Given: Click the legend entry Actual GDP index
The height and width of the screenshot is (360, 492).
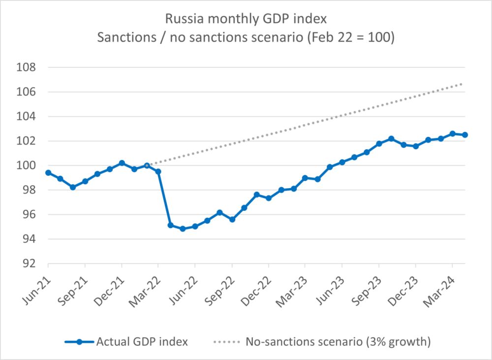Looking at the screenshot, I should (x=142, y=341).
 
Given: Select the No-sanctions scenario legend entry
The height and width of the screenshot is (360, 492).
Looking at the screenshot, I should (x=338, y=341).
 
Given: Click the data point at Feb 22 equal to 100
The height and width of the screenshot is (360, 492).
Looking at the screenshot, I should (x=146, y=165).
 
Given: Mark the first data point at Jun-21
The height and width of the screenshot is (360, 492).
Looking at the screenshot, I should (x=48, y=172).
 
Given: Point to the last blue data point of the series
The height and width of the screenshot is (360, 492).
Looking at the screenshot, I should (x=465, y=134).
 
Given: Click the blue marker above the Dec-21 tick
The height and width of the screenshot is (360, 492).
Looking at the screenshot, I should (x=122, y=163).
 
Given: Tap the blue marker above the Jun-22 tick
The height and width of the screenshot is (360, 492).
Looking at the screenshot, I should (x=195, y=227).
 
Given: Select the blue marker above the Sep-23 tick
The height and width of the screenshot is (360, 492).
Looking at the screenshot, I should (x=379, y=144).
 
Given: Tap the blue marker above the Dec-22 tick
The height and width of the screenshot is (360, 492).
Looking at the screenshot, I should (x=269, y=198).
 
